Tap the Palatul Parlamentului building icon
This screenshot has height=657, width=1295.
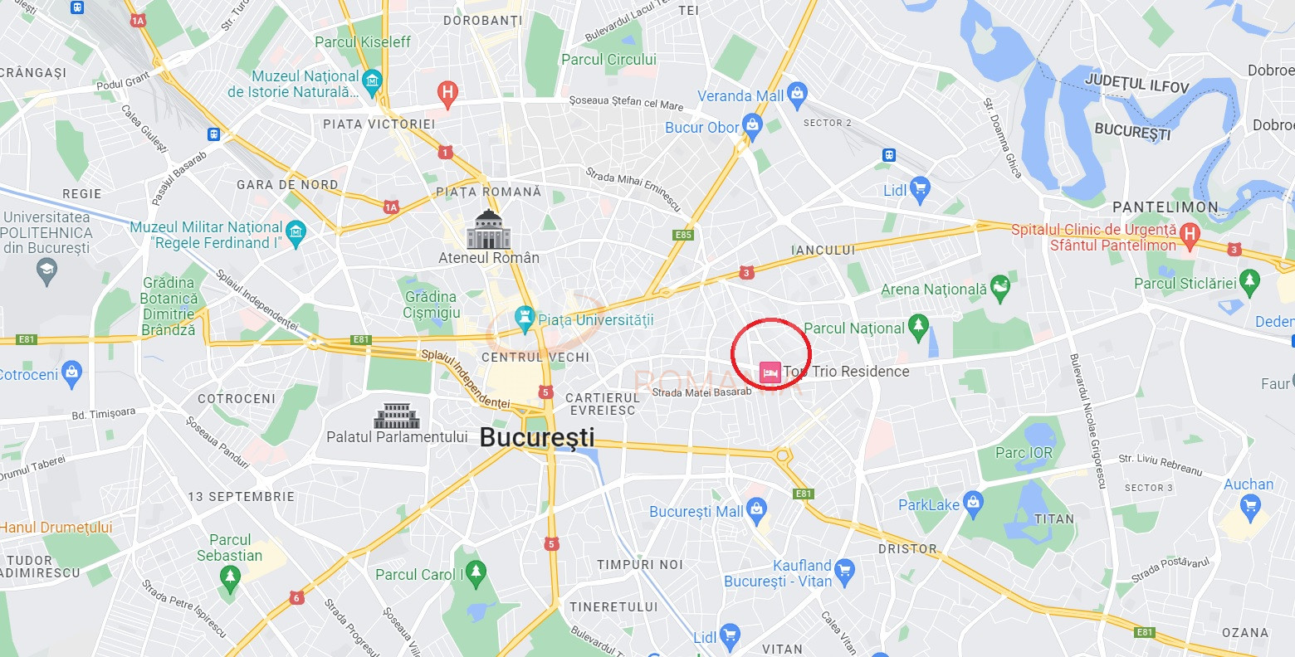pyautogui.click(x=397, y=416)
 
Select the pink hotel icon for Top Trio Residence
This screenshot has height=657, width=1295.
pyautogui.click(x=770, y=372)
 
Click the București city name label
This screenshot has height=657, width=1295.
pyautogui.click(x=537, y=437)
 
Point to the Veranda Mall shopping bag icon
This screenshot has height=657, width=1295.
pyautogui.click(x=797, y=95)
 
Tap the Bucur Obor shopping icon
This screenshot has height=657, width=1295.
pyautogui.click(x=752, y=126)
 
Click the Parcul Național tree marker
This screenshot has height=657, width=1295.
pyautogui.click(x=918, y=327)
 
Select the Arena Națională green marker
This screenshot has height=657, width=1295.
pyautogui.click(x=1000, y=288)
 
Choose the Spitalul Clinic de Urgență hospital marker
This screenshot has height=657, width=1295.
pyautogui.click(x=1190, y=235)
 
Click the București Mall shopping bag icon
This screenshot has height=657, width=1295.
pyautogui.click(x=756, y=510)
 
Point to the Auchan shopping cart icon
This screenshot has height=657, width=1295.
pyautogui.click(x=1249, y=505)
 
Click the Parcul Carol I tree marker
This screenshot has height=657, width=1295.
pyautogui.click(x=476, y=572)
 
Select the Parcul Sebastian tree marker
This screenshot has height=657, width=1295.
pyautogui.click(x=230, y=576)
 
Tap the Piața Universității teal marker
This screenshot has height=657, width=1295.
pyautogui.click(x=523, y=318)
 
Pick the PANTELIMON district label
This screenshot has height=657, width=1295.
pyautogui.click(x=1165, y=207)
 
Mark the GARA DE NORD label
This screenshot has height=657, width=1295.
pyautogui.click(x=287, y=185)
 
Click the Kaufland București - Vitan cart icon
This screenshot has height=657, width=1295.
pyautogui.click(x=844, y=571)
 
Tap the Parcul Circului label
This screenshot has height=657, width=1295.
pyautogui.click(x=608, y=60)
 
